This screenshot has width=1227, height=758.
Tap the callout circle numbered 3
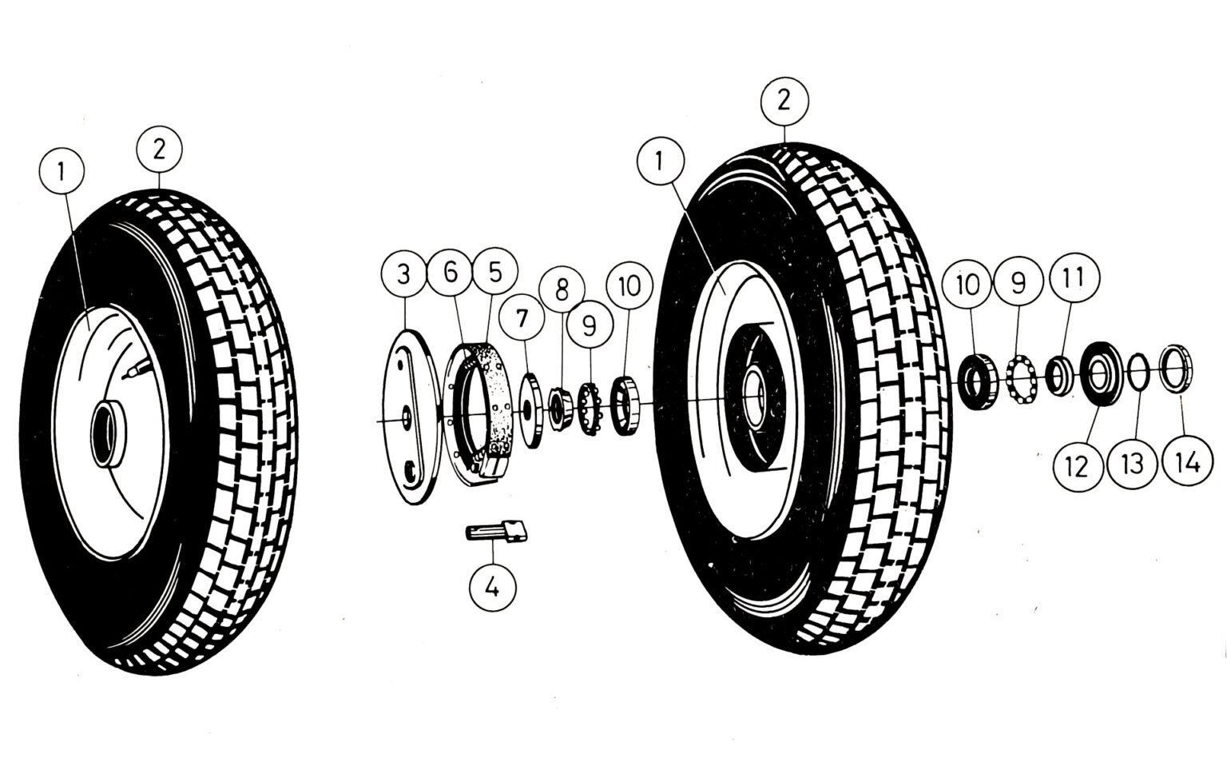(404, 274)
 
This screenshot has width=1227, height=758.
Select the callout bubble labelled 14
(1188, 462)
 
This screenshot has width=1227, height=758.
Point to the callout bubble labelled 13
(1133, 463)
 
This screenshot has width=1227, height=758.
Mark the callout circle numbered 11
(1073, 277)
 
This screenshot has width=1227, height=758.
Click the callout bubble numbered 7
(522, 317)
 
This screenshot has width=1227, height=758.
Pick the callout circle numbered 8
(562, 289)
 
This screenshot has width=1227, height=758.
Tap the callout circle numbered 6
(451, 273)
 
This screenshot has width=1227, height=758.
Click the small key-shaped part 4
(496, 531)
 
